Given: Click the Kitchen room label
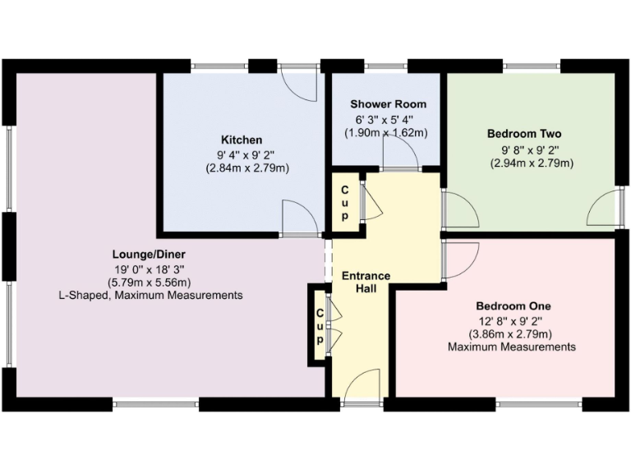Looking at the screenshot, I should (241, 139).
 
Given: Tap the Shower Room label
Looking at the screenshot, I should (388, 104).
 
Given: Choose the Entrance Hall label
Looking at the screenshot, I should (366, 282).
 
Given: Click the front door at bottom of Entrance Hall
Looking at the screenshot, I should (362, 384).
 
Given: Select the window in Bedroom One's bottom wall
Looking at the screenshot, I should (527, 403).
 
